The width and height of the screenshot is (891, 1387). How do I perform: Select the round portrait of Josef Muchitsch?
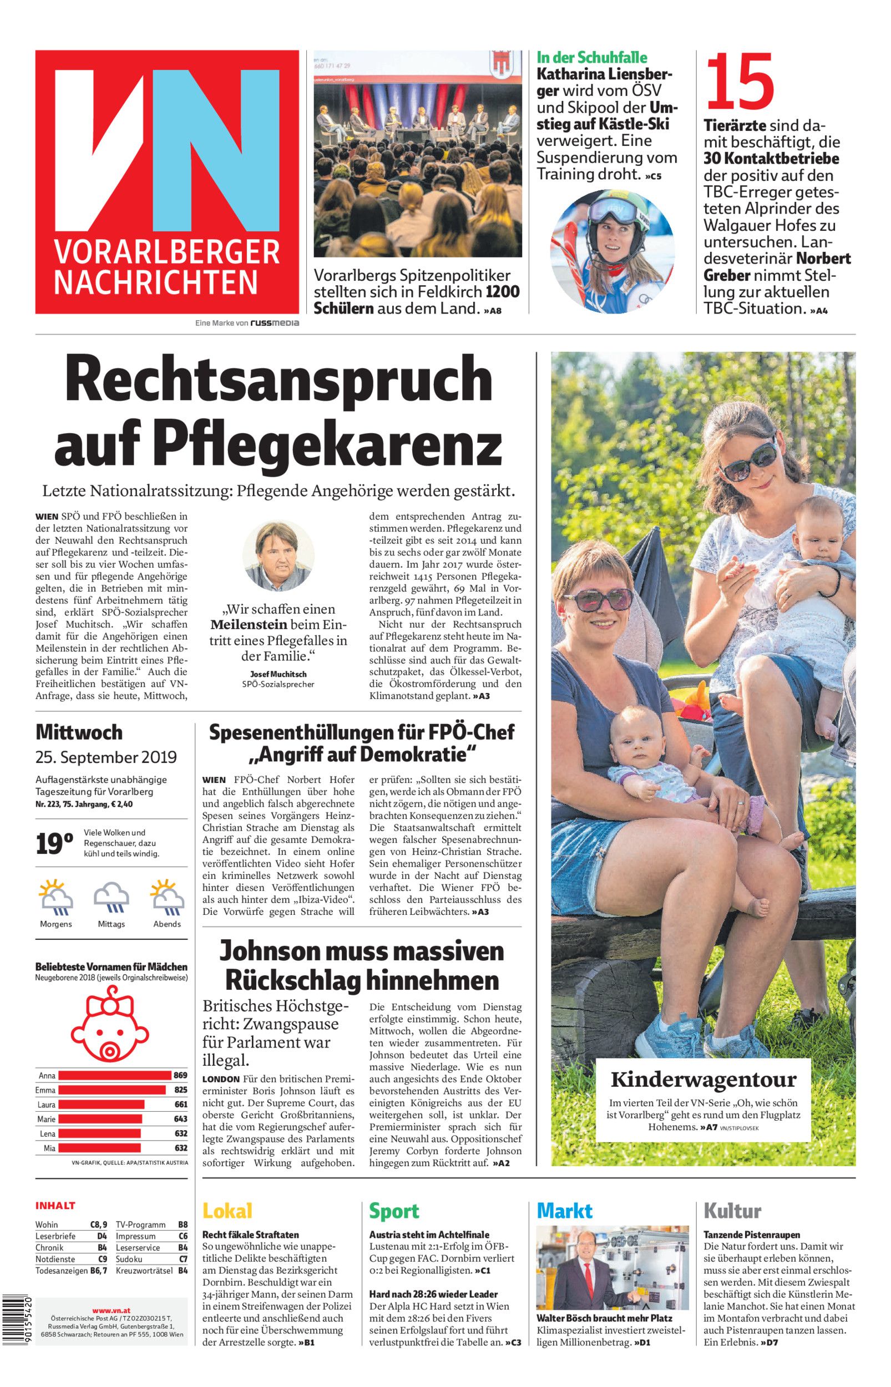[279, 556]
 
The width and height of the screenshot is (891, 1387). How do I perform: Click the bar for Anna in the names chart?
[114, 1076]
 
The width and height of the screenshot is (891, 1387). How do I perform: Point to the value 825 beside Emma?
[180, 1090]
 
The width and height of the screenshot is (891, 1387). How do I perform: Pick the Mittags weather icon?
[111, 899]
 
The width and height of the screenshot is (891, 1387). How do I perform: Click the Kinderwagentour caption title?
[703, 1079]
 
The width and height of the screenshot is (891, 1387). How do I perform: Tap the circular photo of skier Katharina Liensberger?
[612, 251]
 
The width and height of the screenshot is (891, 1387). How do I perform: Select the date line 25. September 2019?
[106, 757]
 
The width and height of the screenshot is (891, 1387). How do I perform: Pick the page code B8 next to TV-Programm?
[183, 1224]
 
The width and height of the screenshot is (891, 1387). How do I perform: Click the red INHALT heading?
[55, 1206]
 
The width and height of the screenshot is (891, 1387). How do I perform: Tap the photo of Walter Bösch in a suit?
[612, 1267]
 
